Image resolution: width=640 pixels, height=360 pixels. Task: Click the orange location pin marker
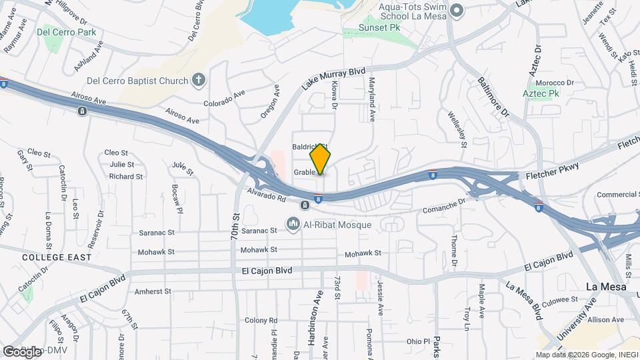321,159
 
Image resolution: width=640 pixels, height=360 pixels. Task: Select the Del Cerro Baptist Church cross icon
198,81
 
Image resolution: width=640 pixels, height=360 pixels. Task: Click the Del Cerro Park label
67,32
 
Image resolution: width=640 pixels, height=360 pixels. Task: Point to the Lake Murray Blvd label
334,78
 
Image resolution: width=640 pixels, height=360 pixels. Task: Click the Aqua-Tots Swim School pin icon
457,10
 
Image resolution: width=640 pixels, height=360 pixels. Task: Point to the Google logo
21,351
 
